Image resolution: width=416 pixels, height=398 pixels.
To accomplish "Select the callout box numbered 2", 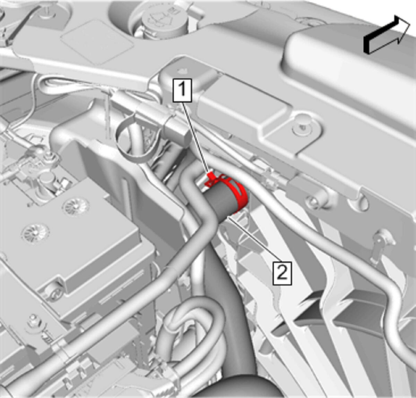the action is tap(282, 274).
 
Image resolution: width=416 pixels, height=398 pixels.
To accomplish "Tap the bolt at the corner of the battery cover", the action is tap(52, 290).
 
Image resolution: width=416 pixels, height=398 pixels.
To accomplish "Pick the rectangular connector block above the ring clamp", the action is tap(176, 128).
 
